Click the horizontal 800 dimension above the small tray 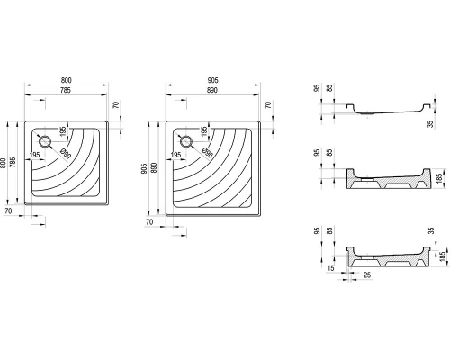pyautogui.click(x=67, y=80)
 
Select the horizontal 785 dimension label pyautogui.click(x=66, y=90)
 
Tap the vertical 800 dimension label pyautogui.click(x=3, y=163)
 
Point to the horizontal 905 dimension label pyautogui.click(x=212, y=80)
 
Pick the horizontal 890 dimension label pyautogui.click(x=212, y=90)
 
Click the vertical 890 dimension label pyautogui.click(x=154, y=168)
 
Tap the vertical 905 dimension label pyautogui.click(x=144, y=168)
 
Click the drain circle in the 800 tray pyautogui.click(x=45, y=141)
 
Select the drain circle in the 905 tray pyautogui.click(x=186, y=141)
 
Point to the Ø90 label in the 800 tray pyautogui.click(x=66, y=154)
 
